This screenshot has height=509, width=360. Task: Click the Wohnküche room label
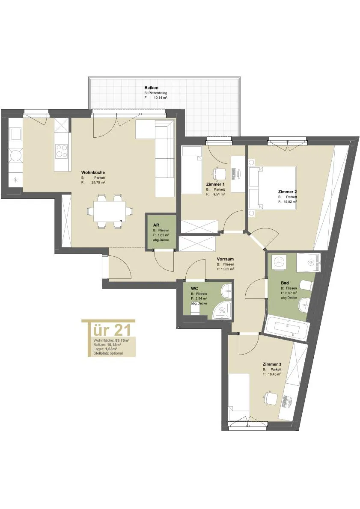pos(93,173)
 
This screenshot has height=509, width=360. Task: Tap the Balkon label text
pos(152,88)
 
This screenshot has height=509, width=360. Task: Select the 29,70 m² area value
pos(98,183)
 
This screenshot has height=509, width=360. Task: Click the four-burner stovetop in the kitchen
pos(62,151)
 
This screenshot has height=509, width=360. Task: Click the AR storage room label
pos(156,225)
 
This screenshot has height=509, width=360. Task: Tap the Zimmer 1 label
pos(215,184)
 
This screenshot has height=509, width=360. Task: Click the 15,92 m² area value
pos(290,201)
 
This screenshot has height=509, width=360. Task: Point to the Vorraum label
pos(225,259)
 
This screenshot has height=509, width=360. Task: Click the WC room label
pos(195,289)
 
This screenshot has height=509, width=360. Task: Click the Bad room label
pos(285,283)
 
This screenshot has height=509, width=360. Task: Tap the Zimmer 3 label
pos(272,364)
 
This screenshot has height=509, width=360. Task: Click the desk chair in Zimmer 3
pos(270,397)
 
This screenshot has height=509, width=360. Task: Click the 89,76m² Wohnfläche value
pos(122,340)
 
